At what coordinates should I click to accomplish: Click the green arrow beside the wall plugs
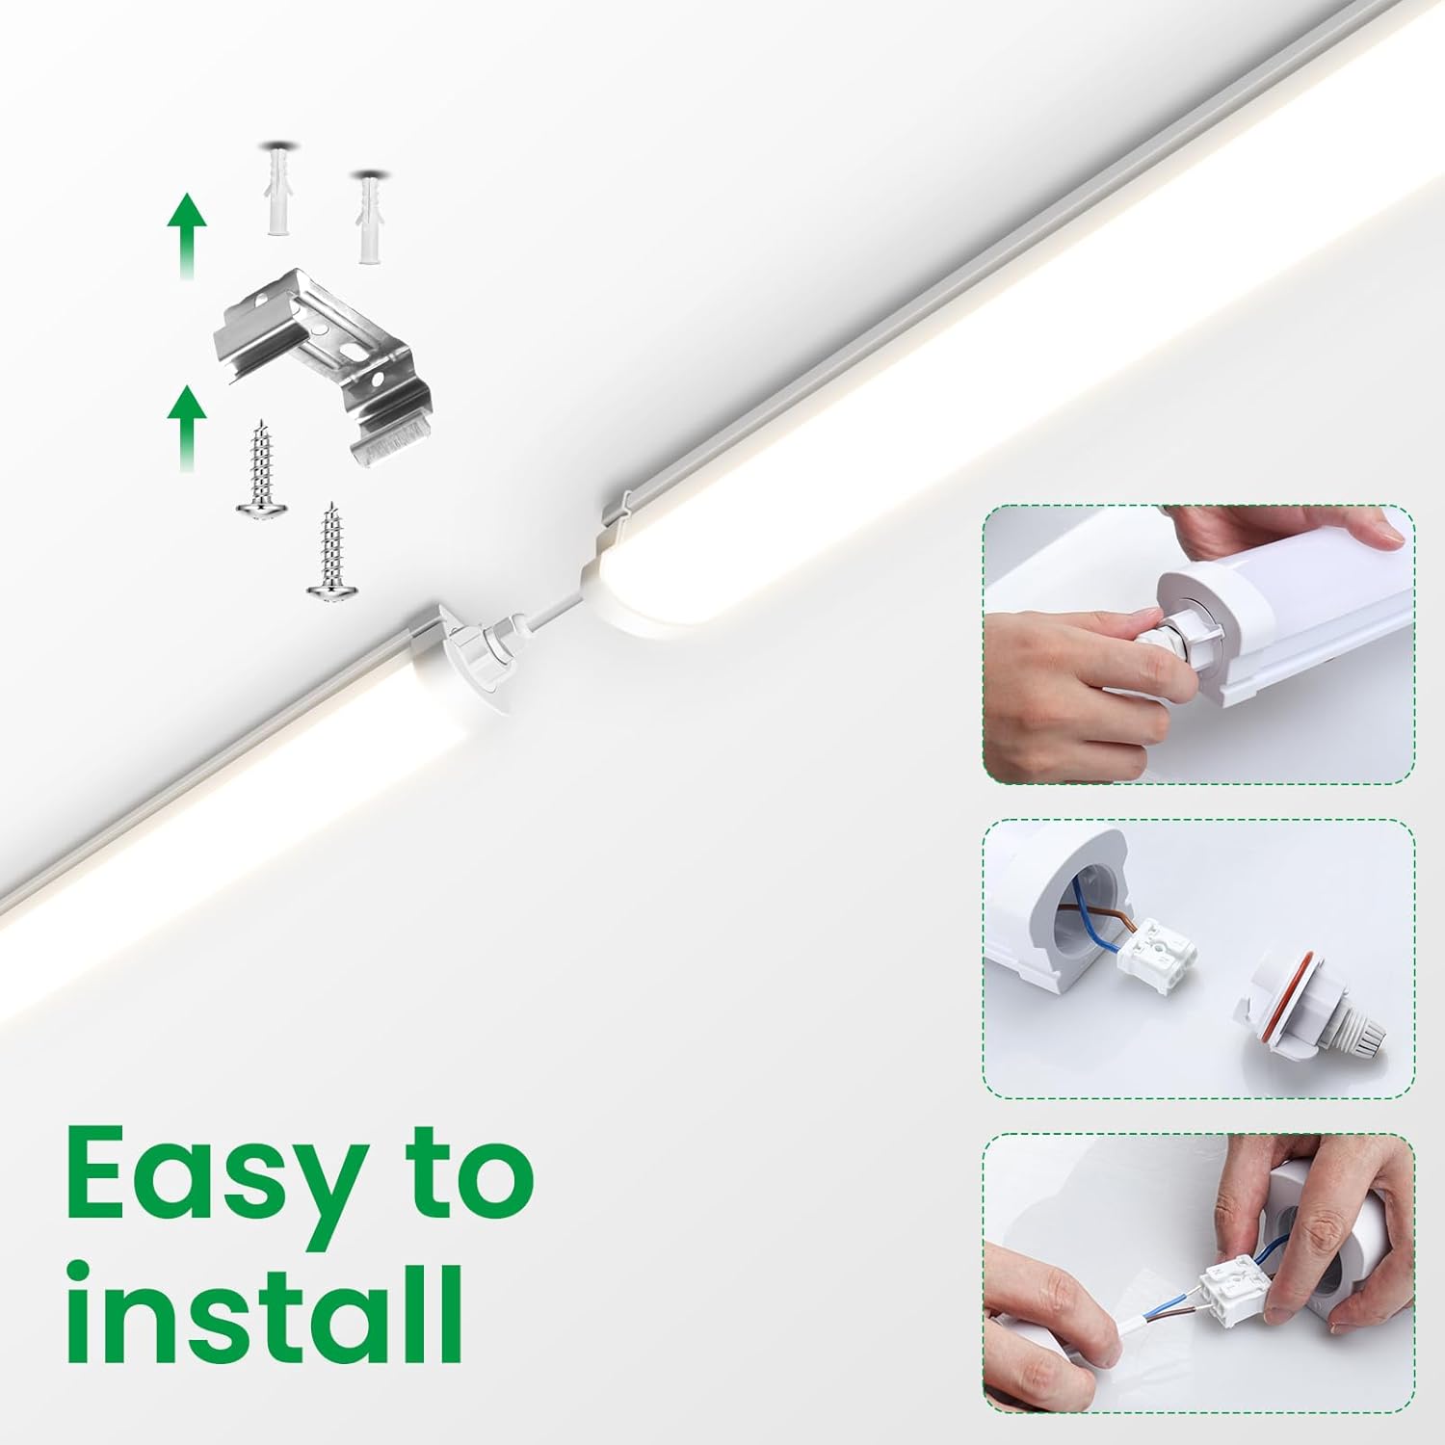point(187,235)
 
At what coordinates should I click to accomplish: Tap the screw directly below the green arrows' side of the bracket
point(257,465)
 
